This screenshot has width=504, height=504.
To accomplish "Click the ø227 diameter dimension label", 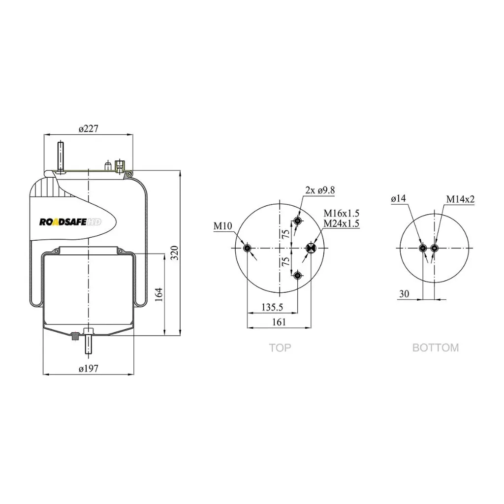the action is tap(89, 128).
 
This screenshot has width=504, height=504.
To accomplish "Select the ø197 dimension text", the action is tap(89, 368).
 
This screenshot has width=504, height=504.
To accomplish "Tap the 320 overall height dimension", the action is tap(174, 253).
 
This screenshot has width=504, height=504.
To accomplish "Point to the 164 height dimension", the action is tap(159, 294).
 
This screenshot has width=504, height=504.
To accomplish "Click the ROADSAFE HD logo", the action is tap(70, 222).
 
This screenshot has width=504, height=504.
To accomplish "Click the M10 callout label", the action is tap(223, 226).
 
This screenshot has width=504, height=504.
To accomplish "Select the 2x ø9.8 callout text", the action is tap(320, 190).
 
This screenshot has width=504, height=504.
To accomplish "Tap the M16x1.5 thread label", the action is tap(342, 213).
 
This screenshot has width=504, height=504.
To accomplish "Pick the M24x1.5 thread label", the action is tap(342, 223).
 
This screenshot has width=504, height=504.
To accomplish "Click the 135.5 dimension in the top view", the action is tap(272, 307).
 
